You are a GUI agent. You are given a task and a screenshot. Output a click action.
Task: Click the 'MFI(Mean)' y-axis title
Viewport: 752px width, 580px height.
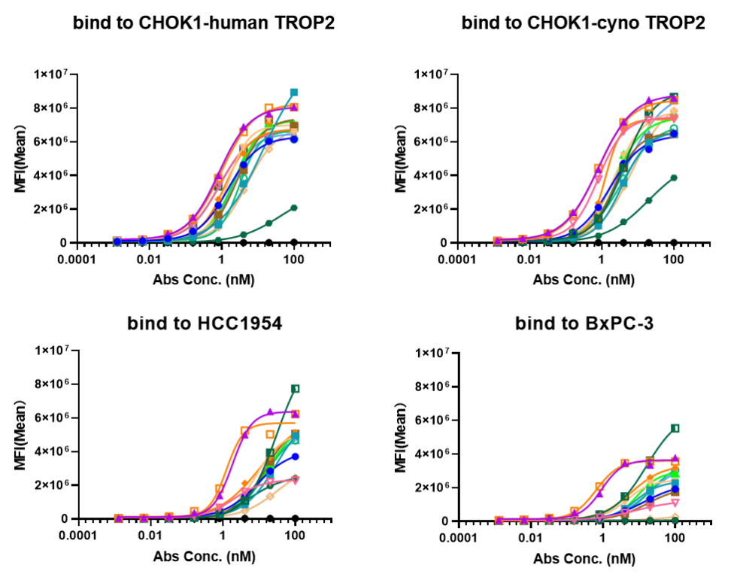pos(401,438)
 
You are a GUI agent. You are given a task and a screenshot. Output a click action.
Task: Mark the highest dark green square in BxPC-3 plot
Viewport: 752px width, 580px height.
pos(675,428)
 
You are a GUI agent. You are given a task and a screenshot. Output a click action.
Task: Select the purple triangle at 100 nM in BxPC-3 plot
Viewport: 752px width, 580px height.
pos(675,458)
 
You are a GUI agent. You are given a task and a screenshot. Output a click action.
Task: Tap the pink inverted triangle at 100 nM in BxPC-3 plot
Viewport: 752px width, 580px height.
pos(675,503)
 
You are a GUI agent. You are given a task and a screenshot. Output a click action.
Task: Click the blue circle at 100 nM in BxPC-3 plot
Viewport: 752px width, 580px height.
pos(675,489)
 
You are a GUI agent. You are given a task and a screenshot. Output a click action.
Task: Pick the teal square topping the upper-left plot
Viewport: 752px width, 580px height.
pos(295,93)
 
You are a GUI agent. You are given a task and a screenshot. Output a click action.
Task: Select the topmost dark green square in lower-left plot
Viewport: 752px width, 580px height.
pos(296,388)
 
